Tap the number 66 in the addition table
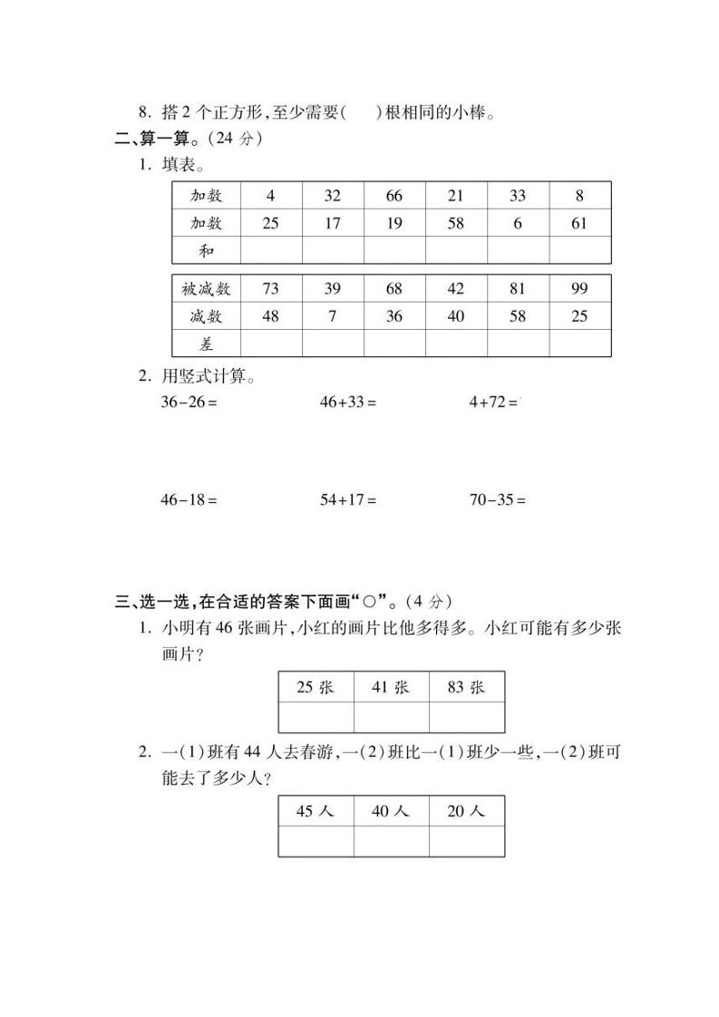click(x=394, y=196)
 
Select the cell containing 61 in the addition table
click(x=579, y=223)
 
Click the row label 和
click(x=206, y=250)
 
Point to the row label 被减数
click(x=206, y=289)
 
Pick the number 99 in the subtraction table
click(x=579, y=289)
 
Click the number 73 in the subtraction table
click(x=270, y=289)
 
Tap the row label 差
click(x=206, y=344)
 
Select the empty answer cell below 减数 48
click(x=270, y=344)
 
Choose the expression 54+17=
click(x=347, y=499)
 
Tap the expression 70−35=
click(x=497, y=499)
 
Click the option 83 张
click(x=466, y=687)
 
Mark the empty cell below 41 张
click(x=391, y=717)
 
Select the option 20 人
click(x=466, y=811)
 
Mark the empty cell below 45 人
click(x=316, y=841)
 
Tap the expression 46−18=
click(x=189, y=499)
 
